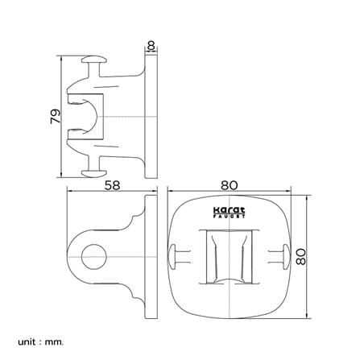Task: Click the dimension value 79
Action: click(56, 116)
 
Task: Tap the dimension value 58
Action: click(112, 185)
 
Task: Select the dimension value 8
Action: click(151, 45)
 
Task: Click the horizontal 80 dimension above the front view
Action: click(230, 185)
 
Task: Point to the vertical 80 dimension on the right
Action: click(301, 257)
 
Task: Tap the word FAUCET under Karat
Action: click(229, 217)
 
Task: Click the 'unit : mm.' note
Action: click(41, 334)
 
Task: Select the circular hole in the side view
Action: click(94, 257)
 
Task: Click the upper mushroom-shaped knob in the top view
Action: click(94, 60)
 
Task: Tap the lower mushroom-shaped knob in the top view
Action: click(94, 173)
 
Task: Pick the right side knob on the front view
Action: click(286, 257)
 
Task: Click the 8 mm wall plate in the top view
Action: click(151, 117)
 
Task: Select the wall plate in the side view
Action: click(151, 257)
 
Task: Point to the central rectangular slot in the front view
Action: click(229, 257)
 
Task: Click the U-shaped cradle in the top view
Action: click(89, 117)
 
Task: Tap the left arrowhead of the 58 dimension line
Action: click(69, 191)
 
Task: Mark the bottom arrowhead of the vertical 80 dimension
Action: click(307, 316)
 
